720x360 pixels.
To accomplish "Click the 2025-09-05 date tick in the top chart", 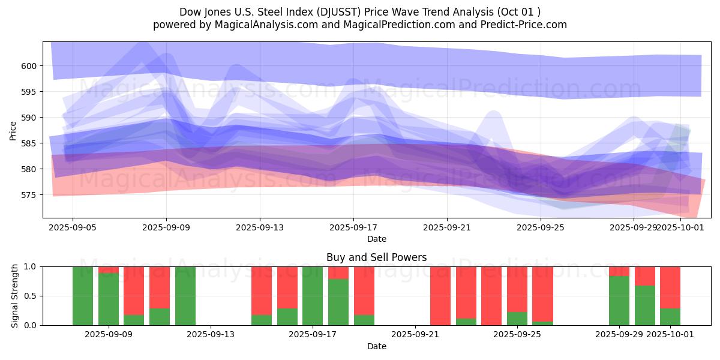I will point(73,227).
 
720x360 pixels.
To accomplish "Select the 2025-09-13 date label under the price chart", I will point(260,227).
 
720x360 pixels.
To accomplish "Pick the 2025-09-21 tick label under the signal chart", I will point(416,335).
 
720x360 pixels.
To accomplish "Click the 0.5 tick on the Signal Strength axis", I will point(30,296).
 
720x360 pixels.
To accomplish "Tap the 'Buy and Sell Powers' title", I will point(376,257).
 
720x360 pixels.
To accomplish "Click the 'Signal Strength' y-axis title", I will point(15,296).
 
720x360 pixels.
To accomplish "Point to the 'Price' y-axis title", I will point(13,130).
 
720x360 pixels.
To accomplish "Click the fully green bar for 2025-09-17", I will point(313,296).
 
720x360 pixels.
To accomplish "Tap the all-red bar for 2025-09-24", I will point(491,296).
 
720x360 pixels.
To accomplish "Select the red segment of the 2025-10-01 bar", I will point(670,287).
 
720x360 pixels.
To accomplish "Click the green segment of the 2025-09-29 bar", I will point(619,301).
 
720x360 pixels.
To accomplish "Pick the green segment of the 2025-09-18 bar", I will point(338,302).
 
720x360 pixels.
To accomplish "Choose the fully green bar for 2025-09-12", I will point(185,296).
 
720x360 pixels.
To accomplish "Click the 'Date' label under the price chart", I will point(376,239).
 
